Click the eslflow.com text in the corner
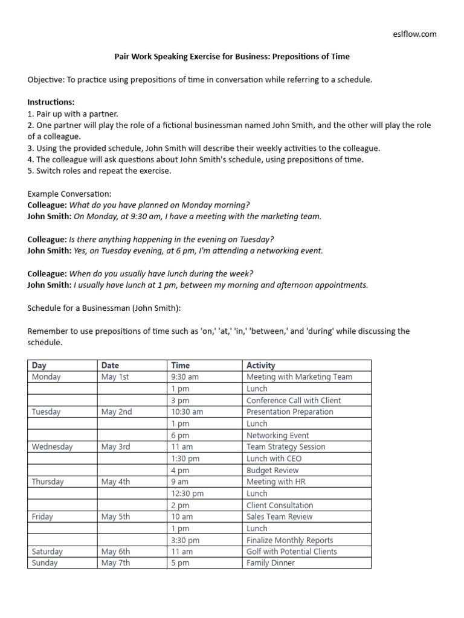coord(414,34)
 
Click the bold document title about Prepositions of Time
coord(232,57)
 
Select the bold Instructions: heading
coord(51,102)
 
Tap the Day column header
coord(39,365)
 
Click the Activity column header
coord(261,365)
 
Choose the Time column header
coord(180,365)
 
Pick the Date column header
coord(111,365)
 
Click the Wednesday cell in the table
coord(52,447)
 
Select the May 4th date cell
coord(116,482)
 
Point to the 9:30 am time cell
coord(185,377)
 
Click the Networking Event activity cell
coord(277,435)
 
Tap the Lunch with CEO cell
coord(274,458)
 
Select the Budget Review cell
coord(272,470)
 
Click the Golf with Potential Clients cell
coord(292,551)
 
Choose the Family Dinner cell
coord(271,563)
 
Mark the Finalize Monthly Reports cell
coord(289,540)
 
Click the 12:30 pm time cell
coord(187,493)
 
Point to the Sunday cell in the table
coord(45,563)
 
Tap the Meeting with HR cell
coord(274,482)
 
